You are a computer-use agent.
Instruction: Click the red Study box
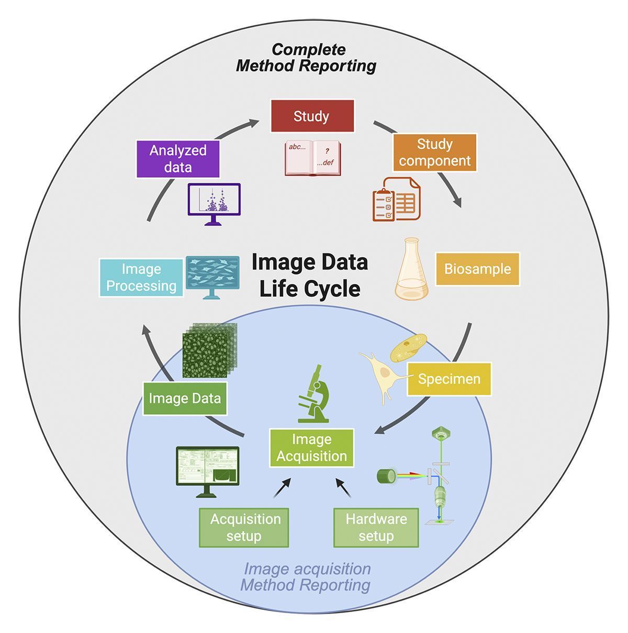(312, 116)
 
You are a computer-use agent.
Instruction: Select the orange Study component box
(435, 152)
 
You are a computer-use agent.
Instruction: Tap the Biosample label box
(477, 269)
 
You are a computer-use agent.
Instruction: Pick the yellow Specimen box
(449, 379)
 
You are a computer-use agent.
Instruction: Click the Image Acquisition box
(311, 448)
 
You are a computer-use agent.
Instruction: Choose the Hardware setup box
(376, 528)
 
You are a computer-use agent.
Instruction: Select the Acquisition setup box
(244, 528)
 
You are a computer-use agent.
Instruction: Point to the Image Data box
(185, 398)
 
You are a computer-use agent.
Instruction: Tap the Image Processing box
(141, 277)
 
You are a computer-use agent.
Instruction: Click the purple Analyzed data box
(177, 159)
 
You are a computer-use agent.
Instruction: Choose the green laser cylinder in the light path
(388, 476)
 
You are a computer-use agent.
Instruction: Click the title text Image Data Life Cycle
(310, 275)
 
